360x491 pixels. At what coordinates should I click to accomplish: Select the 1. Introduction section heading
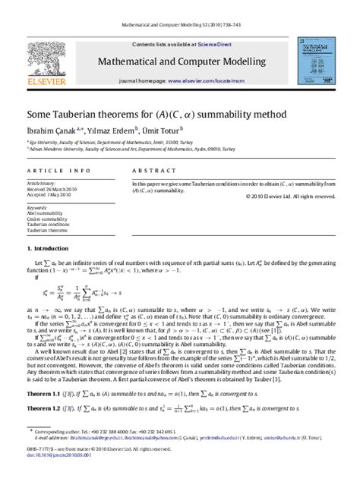[x=50, y=248]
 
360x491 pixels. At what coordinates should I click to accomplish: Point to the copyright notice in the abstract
[x=289, y=196]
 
